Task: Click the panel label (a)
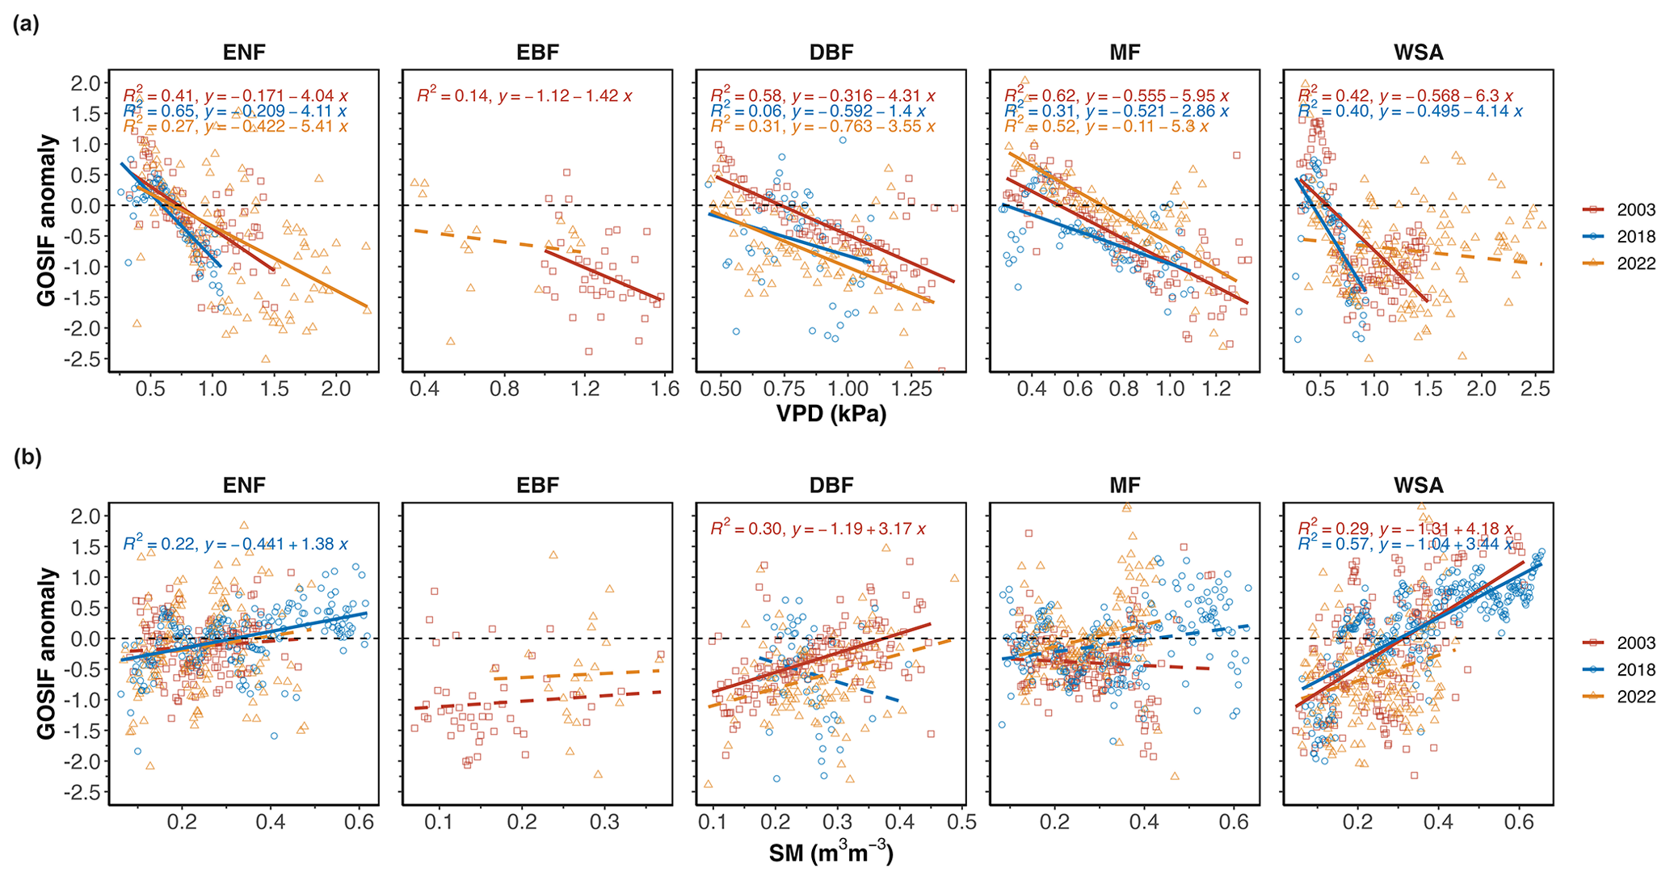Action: pyautogui.click(x=26, y=24)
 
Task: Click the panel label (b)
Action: pyautogui.click(x=27, y=457)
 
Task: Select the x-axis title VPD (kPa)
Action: pyautogui.click(x=831, y=415)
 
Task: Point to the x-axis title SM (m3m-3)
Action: pyautogui.click(x=831, y=854)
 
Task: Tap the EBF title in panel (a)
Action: pyautogui.click(x=537, y=53)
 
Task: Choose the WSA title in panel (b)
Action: pyautogui.click(x=1418, y=486)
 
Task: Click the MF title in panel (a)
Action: pyautogui.click(x=1125, y=53)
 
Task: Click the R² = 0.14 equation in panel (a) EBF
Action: pyautogui.click(x=524, y=96)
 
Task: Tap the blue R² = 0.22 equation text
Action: pyautogui.click(x=235, y=545)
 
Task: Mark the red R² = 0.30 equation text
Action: pyautogui.click(x=818, y=529)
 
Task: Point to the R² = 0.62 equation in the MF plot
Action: pyautogui.click(x=1117, y=96)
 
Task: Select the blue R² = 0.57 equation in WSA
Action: pyautogui.click(x=1405, y=545)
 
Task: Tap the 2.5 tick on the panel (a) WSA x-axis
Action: pyautogui.click(x=1535, y=390)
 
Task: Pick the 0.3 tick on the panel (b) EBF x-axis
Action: pyautogui.click(x=604, y=823)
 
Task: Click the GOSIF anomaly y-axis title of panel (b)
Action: pyautogui.click(x=47, y=653)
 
